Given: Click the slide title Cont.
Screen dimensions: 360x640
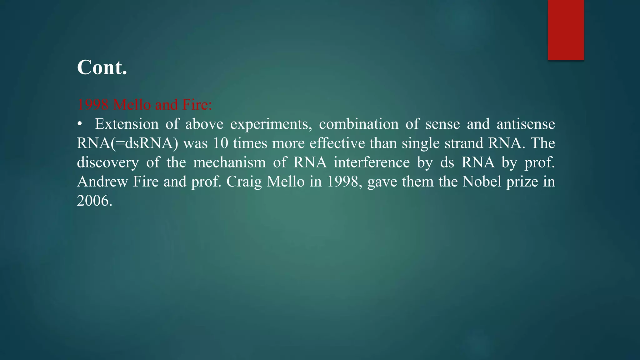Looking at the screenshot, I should [x=102, y=67].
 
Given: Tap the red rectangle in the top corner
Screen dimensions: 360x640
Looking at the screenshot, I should [x=566, y=30].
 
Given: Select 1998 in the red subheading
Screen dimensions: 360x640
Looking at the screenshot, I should [x=93, y=104].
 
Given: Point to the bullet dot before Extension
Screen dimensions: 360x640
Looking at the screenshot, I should [x=80, y=124].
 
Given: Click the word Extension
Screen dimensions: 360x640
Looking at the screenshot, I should [x=127, y=124].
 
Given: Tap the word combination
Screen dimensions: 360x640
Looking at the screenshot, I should [x=358, y=124].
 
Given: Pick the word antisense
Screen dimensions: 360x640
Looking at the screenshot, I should [x=526, y=124].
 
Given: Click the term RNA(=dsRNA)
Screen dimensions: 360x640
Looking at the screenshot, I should [x=127, y=143].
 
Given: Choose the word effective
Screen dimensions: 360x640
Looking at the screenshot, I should [x=337, y=143].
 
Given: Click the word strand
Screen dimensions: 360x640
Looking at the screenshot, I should [x=464, y=143].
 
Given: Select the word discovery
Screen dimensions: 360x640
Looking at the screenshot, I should [x=108, y=163].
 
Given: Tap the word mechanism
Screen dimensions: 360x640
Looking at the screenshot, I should [x=229, y=163].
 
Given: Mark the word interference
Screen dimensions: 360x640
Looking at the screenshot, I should [x=372, y=163].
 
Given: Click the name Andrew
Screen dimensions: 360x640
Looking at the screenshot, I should [x=102, y=182].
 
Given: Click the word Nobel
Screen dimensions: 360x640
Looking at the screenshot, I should [x=482, y=182].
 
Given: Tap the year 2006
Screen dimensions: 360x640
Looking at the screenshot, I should [x=94, y=201].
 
